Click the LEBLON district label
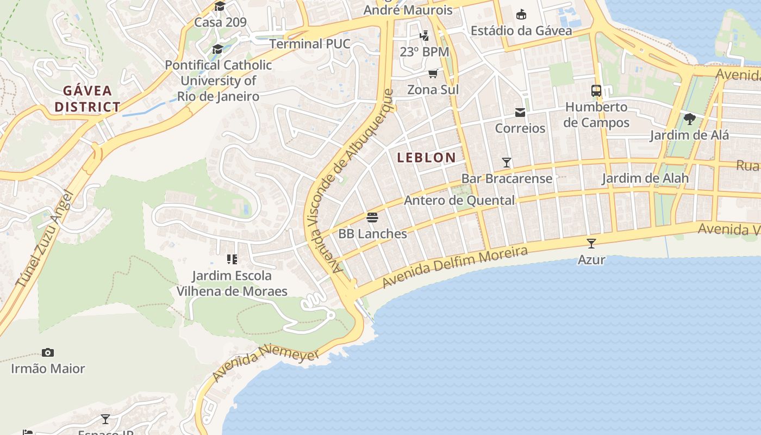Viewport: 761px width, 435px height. (x=426, y=158)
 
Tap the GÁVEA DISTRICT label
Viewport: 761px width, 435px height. (x=87, y=98)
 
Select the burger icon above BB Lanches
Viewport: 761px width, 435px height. (x=372, y=217)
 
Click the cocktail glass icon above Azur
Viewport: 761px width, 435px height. (x=591, y=244)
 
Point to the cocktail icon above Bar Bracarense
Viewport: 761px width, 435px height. (x=507, y=162)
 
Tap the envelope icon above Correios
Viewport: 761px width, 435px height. (x=520, y=113)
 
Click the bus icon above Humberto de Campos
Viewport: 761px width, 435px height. (x=596, y=91)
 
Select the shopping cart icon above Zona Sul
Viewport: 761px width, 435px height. (x=433, y=73)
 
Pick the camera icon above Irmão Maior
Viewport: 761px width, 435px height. (x=48, y=352)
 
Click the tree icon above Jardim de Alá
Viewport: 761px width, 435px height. (x=689, y=119)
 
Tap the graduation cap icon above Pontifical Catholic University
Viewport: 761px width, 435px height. (x=218, y=49)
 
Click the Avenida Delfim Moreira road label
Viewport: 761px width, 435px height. (x=454, y=267)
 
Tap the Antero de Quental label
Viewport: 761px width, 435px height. (x=459, y=200)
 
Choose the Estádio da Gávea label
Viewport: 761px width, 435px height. (x=521, y=30)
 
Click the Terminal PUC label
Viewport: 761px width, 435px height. (x=310, y=43)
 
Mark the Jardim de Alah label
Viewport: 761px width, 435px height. (x=645, y=178)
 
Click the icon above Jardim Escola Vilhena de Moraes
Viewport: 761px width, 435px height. (x=232, y=259)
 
